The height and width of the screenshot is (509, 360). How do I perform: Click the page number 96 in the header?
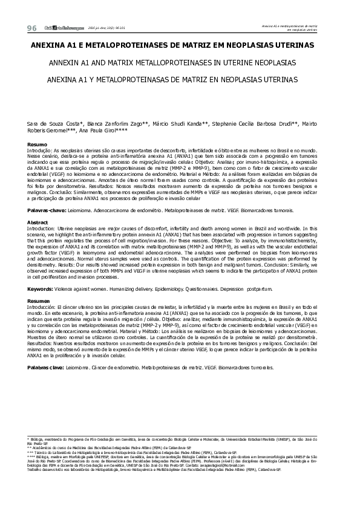pyautogui.click(x=32, y=28)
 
